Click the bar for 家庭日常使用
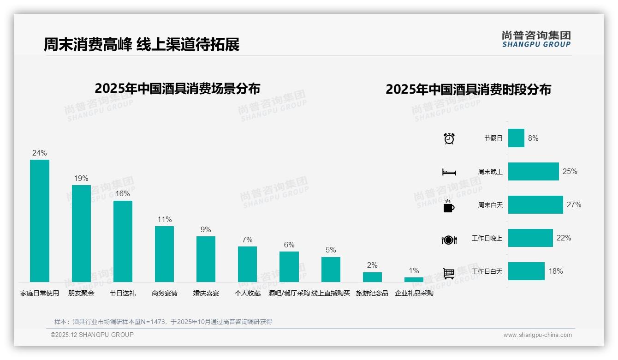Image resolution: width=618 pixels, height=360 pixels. (40, 221)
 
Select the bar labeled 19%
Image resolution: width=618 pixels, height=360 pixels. (81, 233)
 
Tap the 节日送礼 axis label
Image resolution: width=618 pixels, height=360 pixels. (123, 293)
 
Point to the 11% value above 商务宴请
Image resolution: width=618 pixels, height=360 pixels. (165, 220)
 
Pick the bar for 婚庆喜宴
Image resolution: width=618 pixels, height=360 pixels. (206, 259)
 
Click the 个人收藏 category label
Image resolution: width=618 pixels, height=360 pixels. (248, 293)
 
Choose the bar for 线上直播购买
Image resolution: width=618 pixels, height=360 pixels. (331, 269)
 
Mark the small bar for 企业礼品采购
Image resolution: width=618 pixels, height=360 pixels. (414, 279)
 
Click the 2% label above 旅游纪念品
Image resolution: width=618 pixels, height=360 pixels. (372, 265)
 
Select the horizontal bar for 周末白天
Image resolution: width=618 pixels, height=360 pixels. (535, 204)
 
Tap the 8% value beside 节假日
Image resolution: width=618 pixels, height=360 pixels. (533, 138)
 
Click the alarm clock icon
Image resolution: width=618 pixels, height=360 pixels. (449, 138)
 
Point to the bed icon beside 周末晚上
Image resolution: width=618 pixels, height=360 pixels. (449, 172)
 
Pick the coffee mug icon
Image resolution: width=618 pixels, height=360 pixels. (449, 206)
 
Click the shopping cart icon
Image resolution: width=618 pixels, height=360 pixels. (449, 273)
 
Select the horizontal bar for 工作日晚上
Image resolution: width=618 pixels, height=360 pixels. (530, 238)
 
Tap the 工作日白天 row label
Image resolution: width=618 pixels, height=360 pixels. (487, 271)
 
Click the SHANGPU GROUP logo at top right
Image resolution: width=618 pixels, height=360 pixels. (536, 39)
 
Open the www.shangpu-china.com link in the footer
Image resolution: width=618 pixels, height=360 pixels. (537, 335)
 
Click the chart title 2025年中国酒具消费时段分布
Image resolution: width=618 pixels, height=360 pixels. (468, 90)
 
